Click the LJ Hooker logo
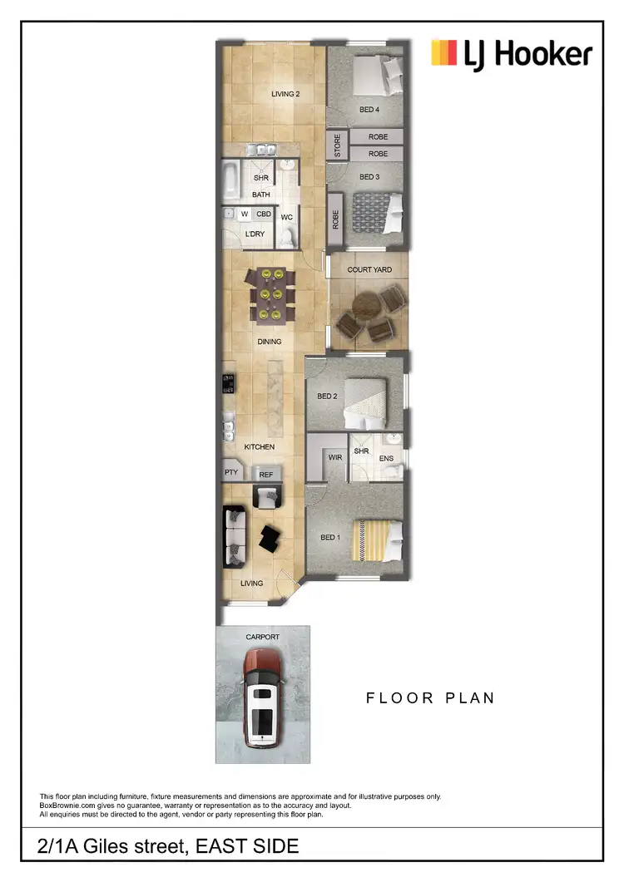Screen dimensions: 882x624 [511, 55]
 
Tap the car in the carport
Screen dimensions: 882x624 [263, 697]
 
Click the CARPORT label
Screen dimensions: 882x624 [263, 637]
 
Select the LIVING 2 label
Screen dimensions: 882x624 [285, 94]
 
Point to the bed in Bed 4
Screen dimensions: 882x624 [378, 76]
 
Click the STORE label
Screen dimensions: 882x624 [338, 146]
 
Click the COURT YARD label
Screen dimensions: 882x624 [369, 270]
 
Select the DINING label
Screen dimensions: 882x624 [270, 342]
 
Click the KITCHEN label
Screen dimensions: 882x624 [259, 447]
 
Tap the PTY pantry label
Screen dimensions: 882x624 [231, 473]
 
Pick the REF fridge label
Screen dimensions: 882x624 [266, 475]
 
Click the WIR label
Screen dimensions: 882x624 [336, 457]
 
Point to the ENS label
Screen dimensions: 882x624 [386, 458]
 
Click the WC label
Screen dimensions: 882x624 [286, 218]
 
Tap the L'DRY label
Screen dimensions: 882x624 [255, 234]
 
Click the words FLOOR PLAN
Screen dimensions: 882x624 [430, 697]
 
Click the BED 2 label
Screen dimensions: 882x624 [325, 397]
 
